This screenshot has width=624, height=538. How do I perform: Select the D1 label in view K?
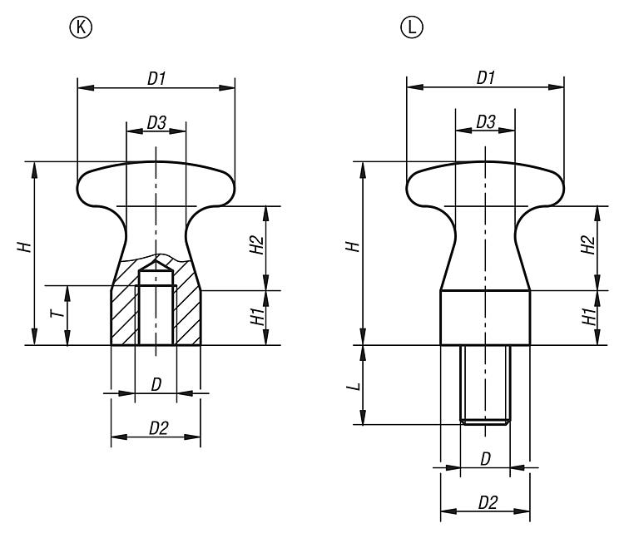[x=156, y=78]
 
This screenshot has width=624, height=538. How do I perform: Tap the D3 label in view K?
[x=156, y=122]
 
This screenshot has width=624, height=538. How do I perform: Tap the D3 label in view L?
[x=487, y=122]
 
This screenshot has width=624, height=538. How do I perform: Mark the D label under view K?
[x=156, y=384]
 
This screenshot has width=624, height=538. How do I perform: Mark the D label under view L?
[x=485, y=460]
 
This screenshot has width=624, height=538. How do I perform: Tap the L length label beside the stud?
[x=354, y=387]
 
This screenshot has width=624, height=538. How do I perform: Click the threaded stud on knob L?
[x=486, y=384]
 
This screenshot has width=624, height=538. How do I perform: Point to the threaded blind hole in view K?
[x=156, y=312]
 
